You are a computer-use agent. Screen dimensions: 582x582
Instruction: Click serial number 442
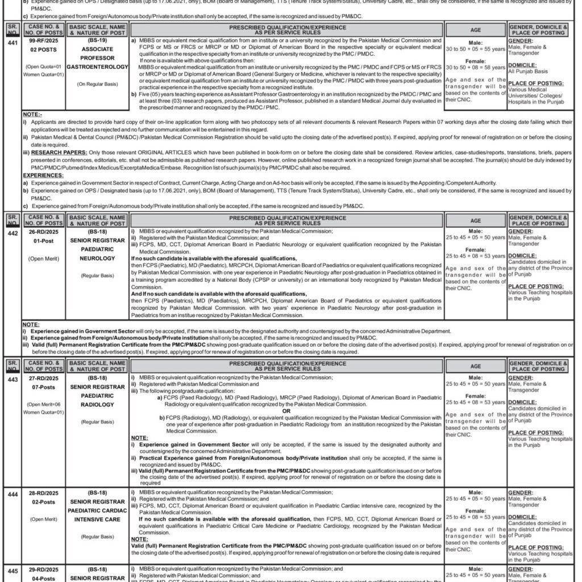(12, 232)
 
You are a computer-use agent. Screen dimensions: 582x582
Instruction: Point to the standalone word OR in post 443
(286, 411)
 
